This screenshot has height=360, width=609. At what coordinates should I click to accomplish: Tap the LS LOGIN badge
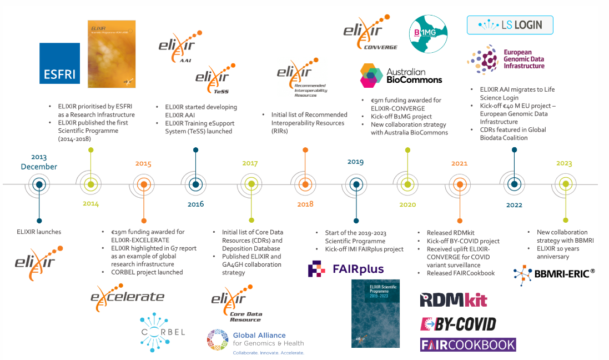click(x=510, y=25)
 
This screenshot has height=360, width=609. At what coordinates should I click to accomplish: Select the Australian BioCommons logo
click(x=401, y=76)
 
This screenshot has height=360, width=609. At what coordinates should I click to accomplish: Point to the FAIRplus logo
click(x=346, y=269)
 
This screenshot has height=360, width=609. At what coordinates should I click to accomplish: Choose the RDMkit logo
click(x=454, y=300)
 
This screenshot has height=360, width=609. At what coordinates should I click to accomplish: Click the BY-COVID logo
click(x=458, y=323)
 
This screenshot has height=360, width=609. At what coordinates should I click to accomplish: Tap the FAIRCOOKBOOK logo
click(x=468, y=344)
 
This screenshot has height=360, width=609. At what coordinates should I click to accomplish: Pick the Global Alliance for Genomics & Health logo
click(x=255, y=339)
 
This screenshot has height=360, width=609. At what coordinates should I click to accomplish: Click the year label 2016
click(x=195, y=204)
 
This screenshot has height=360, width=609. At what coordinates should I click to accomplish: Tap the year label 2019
click(x=355, y=162)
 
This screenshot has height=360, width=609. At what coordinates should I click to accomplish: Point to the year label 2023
click(x=563, y=163)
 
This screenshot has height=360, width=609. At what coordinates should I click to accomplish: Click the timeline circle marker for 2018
click(x=305, y=184)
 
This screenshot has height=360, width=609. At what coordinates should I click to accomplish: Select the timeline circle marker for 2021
click(x=460, y=184)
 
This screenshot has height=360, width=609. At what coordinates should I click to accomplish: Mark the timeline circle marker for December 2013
click(x=38, y=184)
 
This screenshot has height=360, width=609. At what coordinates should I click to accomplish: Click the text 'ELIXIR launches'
click(x=39, y=232)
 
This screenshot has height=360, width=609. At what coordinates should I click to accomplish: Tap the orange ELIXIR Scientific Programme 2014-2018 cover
click(x=112, y=54)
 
